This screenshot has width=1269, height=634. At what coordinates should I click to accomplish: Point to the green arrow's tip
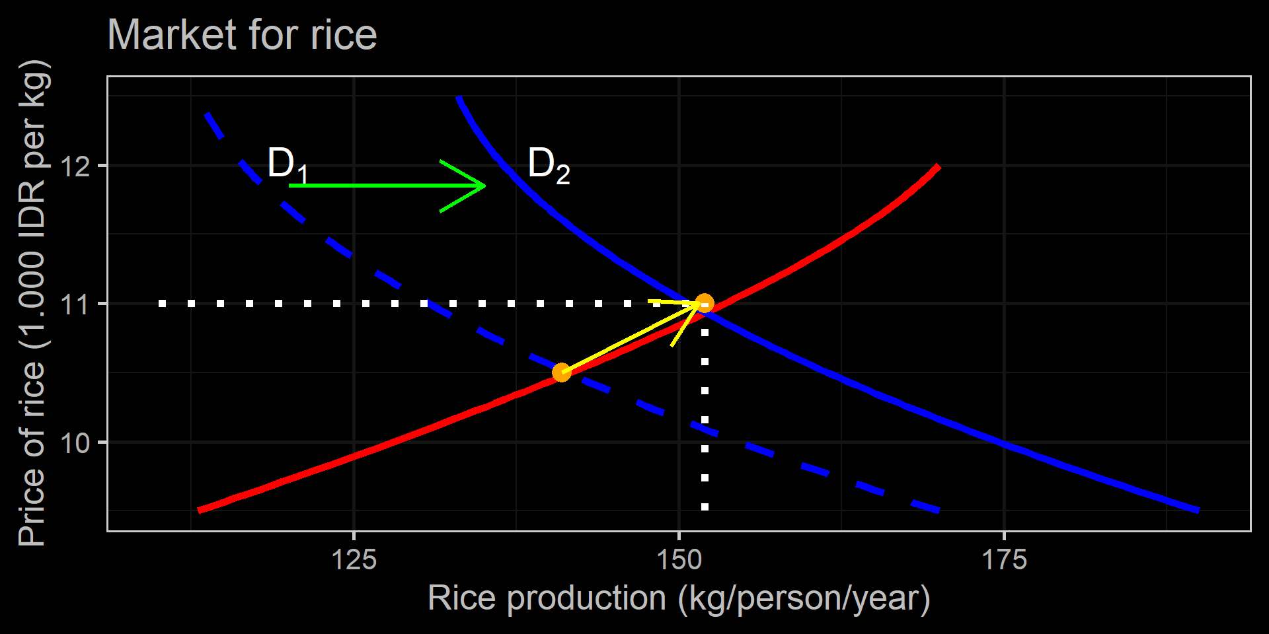(486, 186)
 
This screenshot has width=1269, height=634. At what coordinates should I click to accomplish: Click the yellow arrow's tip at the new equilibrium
(701, 304)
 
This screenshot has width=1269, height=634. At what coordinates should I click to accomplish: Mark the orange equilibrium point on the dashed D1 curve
(561, 372)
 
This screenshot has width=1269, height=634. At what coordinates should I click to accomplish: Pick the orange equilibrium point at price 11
(705, 304)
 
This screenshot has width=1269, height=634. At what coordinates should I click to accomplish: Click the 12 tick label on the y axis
(75, 166)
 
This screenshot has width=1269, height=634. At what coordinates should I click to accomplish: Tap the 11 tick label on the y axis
(75, 304)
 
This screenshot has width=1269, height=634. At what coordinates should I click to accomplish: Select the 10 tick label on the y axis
(75, 443)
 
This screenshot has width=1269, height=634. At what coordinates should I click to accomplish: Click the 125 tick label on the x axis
(354, 560)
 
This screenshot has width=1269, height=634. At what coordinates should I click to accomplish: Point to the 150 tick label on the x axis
(679, 560)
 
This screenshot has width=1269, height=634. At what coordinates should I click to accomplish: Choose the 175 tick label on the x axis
(1004, 560)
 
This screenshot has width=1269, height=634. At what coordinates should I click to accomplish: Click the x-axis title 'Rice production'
(679, 598)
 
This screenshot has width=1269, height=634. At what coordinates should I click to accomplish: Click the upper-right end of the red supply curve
(939, 166)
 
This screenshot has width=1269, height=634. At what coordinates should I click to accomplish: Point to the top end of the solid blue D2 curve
(459, 98)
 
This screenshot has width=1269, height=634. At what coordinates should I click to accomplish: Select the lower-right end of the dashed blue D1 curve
(939, 510)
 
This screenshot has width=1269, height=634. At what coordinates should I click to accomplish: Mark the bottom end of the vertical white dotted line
(705, 507)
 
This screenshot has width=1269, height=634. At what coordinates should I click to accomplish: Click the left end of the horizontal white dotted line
(162, 304)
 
